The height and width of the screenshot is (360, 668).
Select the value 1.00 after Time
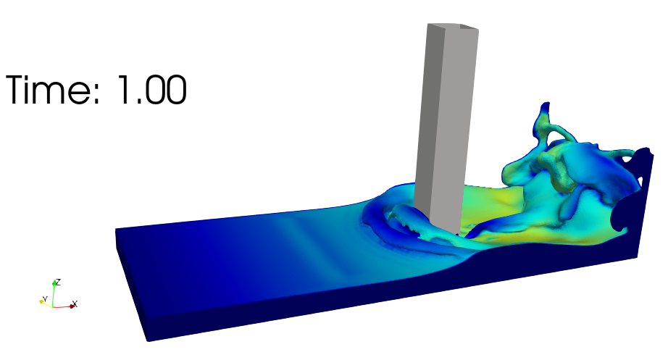(152, 90)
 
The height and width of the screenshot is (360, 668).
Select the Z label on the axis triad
(59, 282)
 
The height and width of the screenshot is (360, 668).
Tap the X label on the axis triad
(75, 304)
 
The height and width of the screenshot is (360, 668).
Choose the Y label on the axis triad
(45, 299)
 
